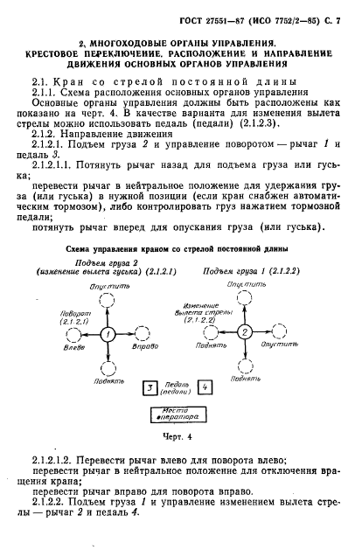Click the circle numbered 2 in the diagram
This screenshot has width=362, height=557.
coord(246,332)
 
